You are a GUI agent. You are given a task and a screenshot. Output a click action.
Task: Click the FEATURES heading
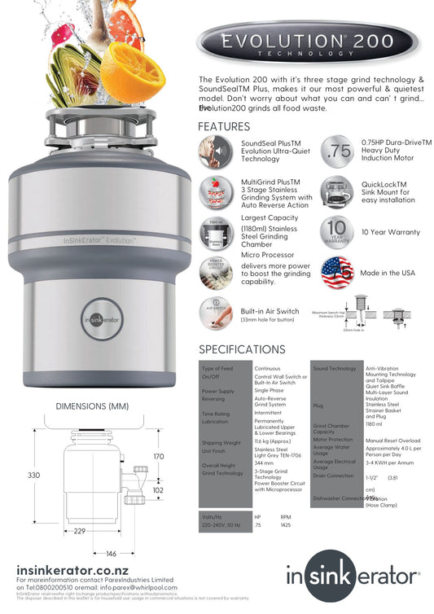[224, 127]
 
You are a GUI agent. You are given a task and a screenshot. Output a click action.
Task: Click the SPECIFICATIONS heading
[242, 349]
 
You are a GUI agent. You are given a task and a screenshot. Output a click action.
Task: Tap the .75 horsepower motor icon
[336, 153]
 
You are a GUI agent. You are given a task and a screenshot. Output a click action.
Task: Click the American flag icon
[336, 273]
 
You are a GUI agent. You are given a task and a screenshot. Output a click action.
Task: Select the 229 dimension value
[79, 531]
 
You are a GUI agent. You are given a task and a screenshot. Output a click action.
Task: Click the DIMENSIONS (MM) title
[92, 406]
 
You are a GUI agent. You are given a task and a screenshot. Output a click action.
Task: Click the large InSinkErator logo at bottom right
[353, 577]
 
